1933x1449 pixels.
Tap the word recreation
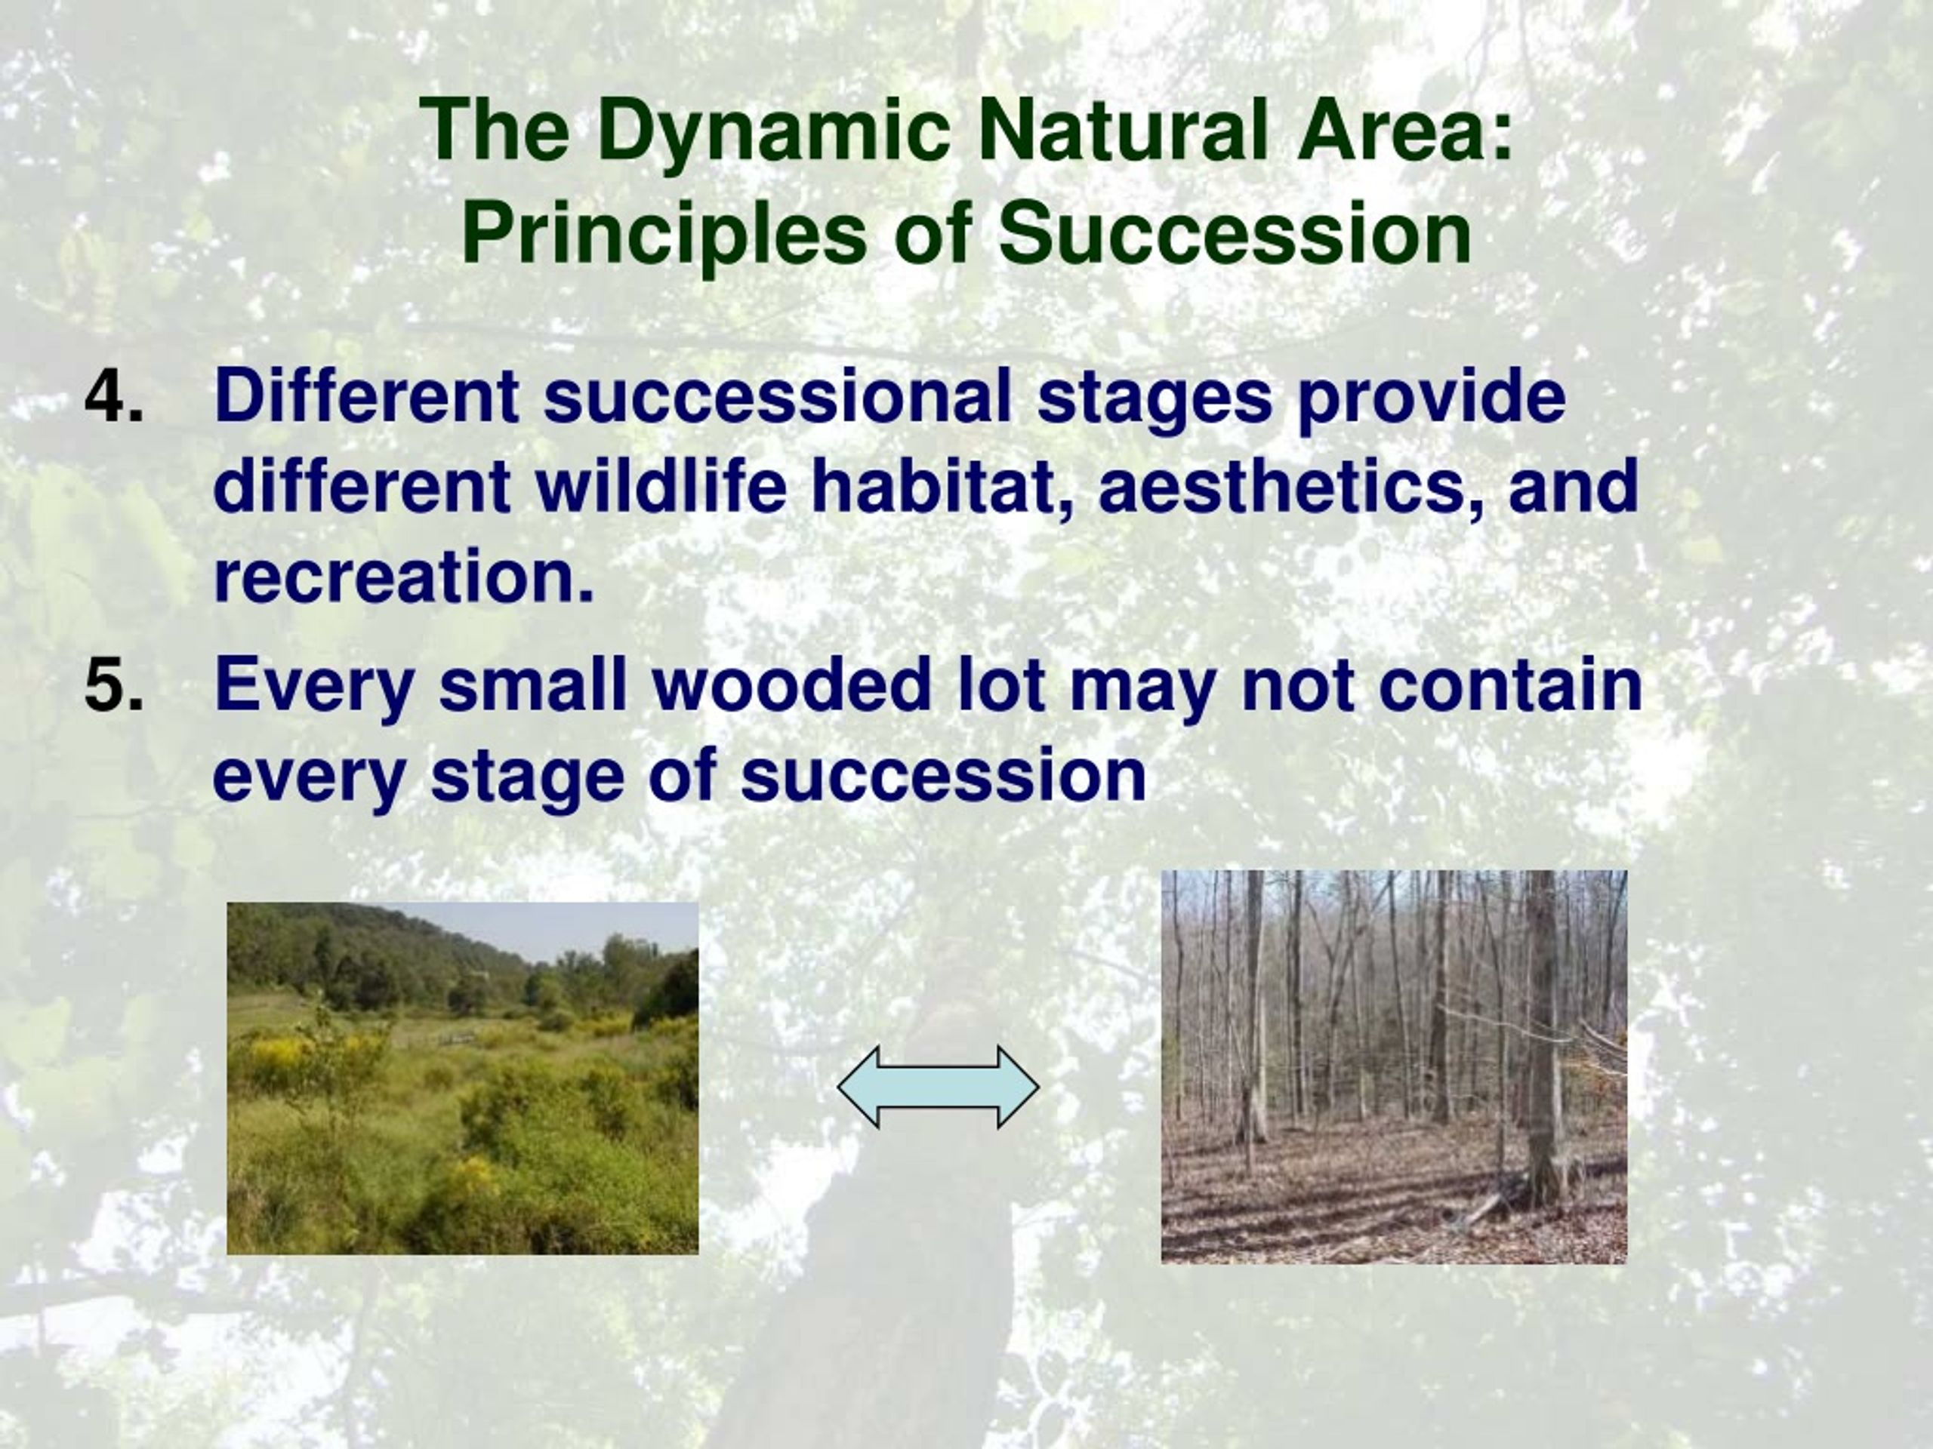point(405,577)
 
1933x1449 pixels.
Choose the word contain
point(1512,685)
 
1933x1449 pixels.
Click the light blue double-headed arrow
point(939,1087)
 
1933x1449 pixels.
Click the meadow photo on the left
point(462,1078)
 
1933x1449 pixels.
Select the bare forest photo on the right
point(1394,1066)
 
